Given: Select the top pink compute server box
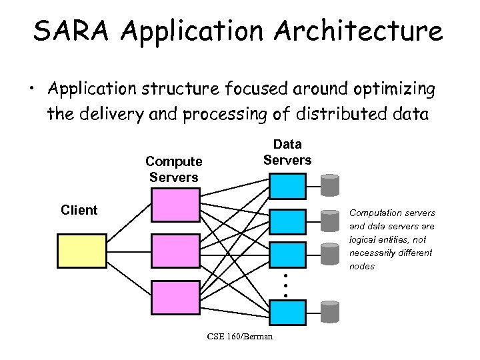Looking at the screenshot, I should click(175, 205).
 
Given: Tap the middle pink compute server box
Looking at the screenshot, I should click(175, 251).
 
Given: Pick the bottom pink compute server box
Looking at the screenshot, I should click(175, 297).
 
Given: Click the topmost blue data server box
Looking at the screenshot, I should click(287, 186).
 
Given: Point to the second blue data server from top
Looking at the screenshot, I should click(287, 222).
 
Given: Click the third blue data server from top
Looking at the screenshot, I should click(287, 255).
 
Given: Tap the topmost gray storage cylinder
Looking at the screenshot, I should click(330, 184).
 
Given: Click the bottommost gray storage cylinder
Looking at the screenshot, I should click(330, 311).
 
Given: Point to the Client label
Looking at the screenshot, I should click(79, 211).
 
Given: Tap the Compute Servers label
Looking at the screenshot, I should click(173, 169).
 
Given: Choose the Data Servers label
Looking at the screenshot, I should click(287, 152).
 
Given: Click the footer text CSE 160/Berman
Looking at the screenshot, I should click(239, 337).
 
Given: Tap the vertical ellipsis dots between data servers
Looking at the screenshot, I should click(285, 285).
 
